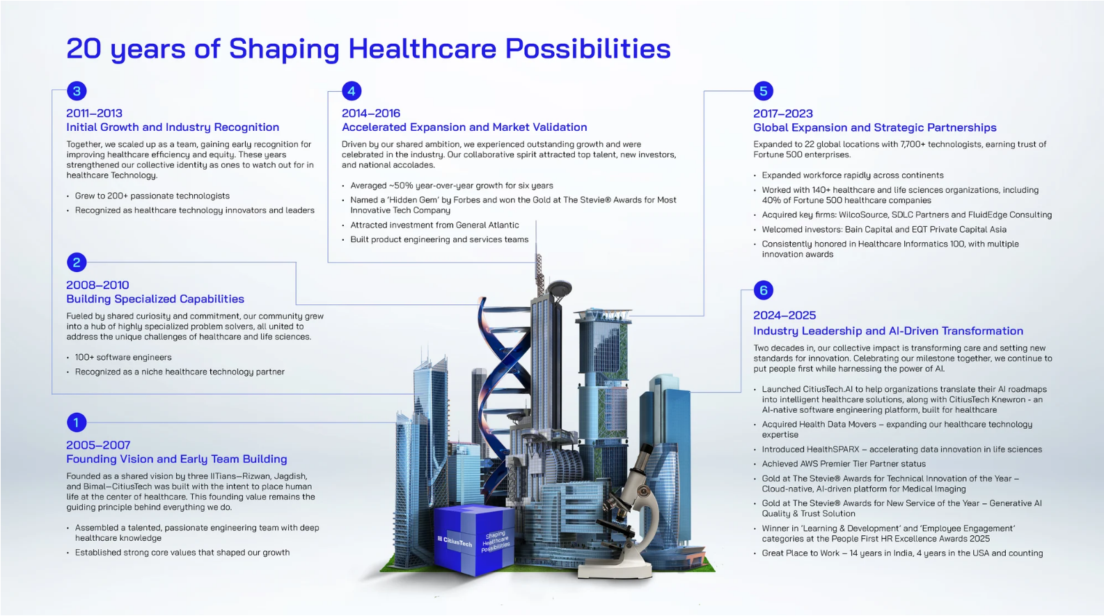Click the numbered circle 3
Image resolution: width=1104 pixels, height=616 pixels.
77,90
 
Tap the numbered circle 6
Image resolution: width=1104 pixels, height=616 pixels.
764,290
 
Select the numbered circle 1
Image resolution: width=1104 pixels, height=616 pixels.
77,422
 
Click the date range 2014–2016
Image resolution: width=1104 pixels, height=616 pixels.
371,113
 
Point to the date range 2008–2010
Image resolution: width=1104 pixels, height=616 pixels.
97,285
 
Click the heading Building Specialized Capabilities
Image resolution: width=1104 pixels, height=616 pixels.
155,299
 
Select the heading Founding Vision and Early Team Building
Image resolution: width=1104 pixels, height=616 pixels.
176,459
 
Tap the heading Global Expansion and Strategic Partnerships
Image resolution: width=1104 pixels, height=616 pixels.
875,127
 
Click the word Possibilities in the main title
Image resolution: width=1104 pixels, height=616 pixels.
588,49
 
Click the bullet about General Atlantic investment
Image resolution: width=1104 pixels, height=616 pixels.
434,226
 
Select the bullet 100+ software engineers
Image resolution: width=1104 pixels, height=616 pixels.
123,357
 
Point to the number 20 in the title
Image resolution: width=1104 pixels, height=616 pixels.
84,49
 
